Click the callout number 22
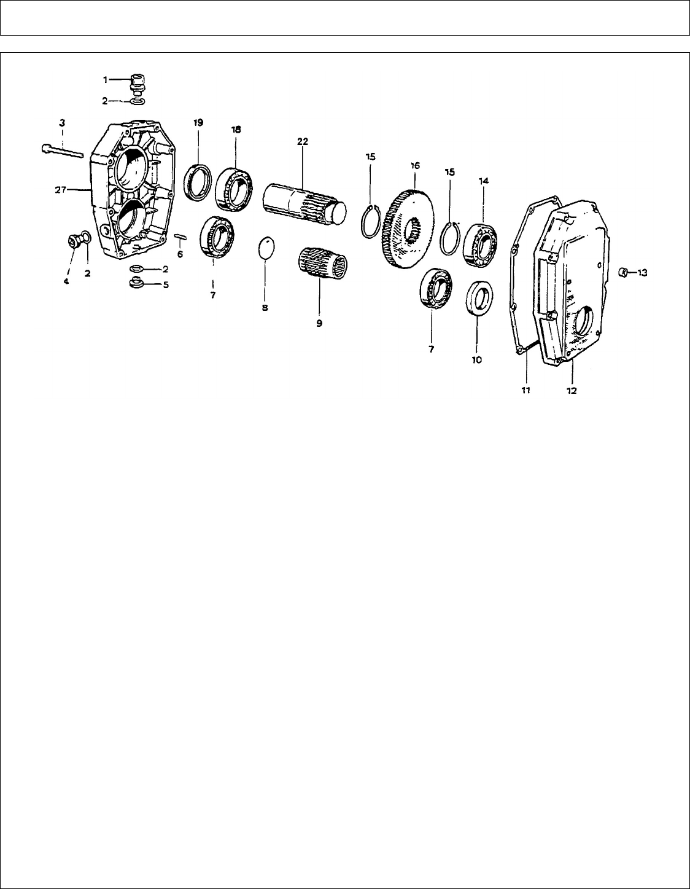click(x=303, y=141)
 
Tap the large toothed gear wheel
click(x=409, y=229)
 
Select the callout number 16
click(x=415, y=166)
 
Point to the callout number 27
click(x=61, y=190)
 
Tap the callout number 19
click(x=198, y=123)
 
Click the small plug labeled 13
click(x=623, y=272)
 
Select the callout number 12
click(x=572, y=391)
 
